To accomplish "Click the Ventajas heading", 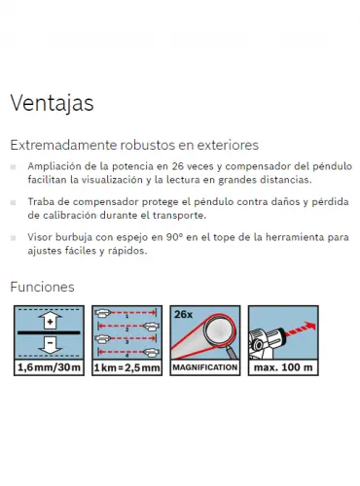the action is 52,104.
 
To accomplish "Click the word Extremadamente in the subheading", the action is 63,145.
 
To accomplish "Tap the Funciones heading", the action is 42,287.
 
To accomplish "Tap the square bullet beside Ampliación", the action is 13,167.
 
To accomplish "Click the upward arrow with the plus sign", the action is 50,321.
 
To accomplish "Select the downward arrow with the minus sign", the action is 50,345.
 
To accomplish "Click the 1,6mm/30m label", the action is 49,367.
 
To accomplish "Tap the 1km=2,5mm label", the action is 126,367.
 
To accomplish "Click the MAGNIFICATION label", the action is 205,367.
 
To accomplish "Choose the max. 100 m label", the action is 283,367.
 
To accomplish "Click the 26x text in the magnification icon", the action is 184,314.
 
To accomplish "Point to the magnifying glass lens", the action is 219,332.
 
